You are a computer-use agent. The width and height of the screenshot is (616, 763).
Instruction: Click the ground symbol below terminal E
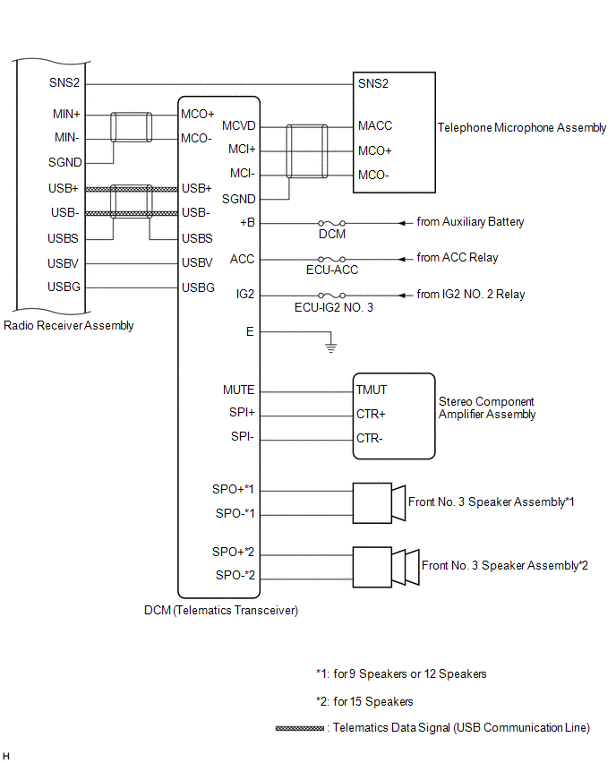pyautogui.click(x=331, y=347)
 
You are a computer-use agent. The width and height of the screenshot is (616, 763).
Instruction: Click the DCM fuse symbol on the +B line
pyautogui.click(x=332, y=223)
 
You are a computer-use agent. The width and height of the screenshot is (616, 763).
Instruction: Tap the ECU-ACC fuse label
pyautogui.click(x=332, y=270)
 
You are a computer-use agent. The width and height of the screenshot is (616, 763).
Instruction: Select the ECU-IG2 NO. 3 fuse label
pyautogui.click(x=334, y=307)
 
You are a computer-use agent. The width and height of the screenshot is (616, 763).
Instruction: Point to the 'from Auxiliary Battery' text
pyautogui.click(x=470, y=222)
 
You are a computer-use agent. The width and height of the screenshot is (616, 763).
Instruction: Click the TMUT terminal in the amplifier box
pyautogui.click(x=372, y=390)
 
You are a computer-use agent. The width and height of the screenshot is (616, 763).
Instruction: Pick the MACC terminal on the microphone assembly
pyautogui.click(x=374, y=126)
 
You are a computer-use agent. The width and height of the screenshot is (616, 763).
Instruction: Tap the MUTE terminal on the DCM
pyautogui.click(x=238, y=390)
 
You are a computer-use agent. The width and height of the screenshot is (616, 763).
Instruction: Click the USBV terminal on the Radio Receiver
pyautogui.click(x=63, y=264)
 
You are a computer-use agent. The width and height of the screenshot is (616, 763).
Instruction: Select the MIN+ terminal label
pyautogui.click(x=66, y=115)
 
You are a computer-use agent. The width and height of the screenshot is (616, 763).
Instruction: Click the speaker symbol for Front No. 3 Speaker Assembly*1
pyautogui.click(x=379, y=503)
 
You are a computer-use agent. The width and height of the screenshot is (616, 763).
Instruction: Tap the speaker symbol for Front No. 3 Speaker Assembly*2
pyautogui.click(x=386, y=567)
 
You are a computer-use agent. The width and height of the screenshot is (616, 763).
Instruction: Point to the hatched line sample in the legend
pyautogui.click(x=300, y=728)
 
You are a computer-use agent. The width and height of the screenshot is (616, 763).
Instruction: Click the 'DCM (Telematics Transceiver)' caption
pyautogui.click(x=221, y=611)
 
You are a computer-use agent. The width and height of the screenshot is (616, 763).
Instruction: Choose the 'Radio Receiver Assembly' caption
pyautogui.click(x=69, y=326)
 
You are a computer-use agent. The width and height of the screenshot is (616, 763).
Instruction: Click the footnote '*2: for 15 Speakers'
pyautogui.click(x=364, y=702)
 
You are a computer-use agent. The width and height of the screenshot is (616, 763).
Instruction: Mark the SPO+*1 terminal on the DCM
pyautogui.click(x=233, y=490)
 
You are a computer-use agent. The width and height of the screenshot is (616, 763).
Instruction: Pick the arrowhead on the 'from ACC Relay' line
pyautogui.click(x=402, y=260)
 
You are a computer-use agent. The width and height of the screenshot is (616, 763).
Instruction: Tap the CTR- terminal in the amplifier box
pyautogui.click(x=369, y=439)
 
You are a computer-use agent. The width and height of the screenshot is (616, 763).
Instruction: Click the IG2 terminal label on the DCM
pyautogui.click(x=245, y=295)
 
